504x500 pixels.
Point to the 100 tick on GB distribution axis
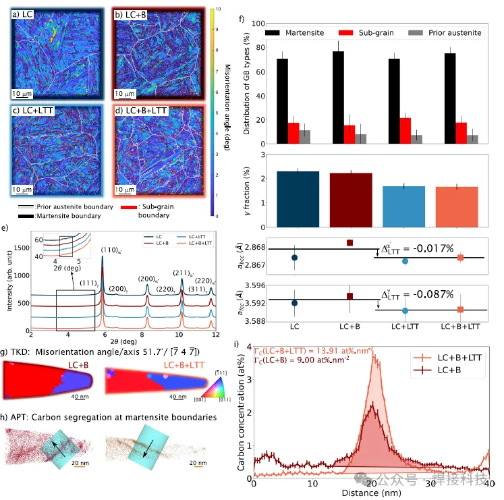coord(255,23)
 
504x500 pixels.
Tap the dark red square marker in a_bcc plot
coord(349,242)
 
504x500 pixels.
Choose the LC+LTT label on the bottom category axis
coord(404,326)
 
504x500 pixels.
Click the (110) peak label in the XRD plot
coord(110,250)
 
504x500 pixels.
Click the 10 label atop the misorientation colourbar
coord(213,10)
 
